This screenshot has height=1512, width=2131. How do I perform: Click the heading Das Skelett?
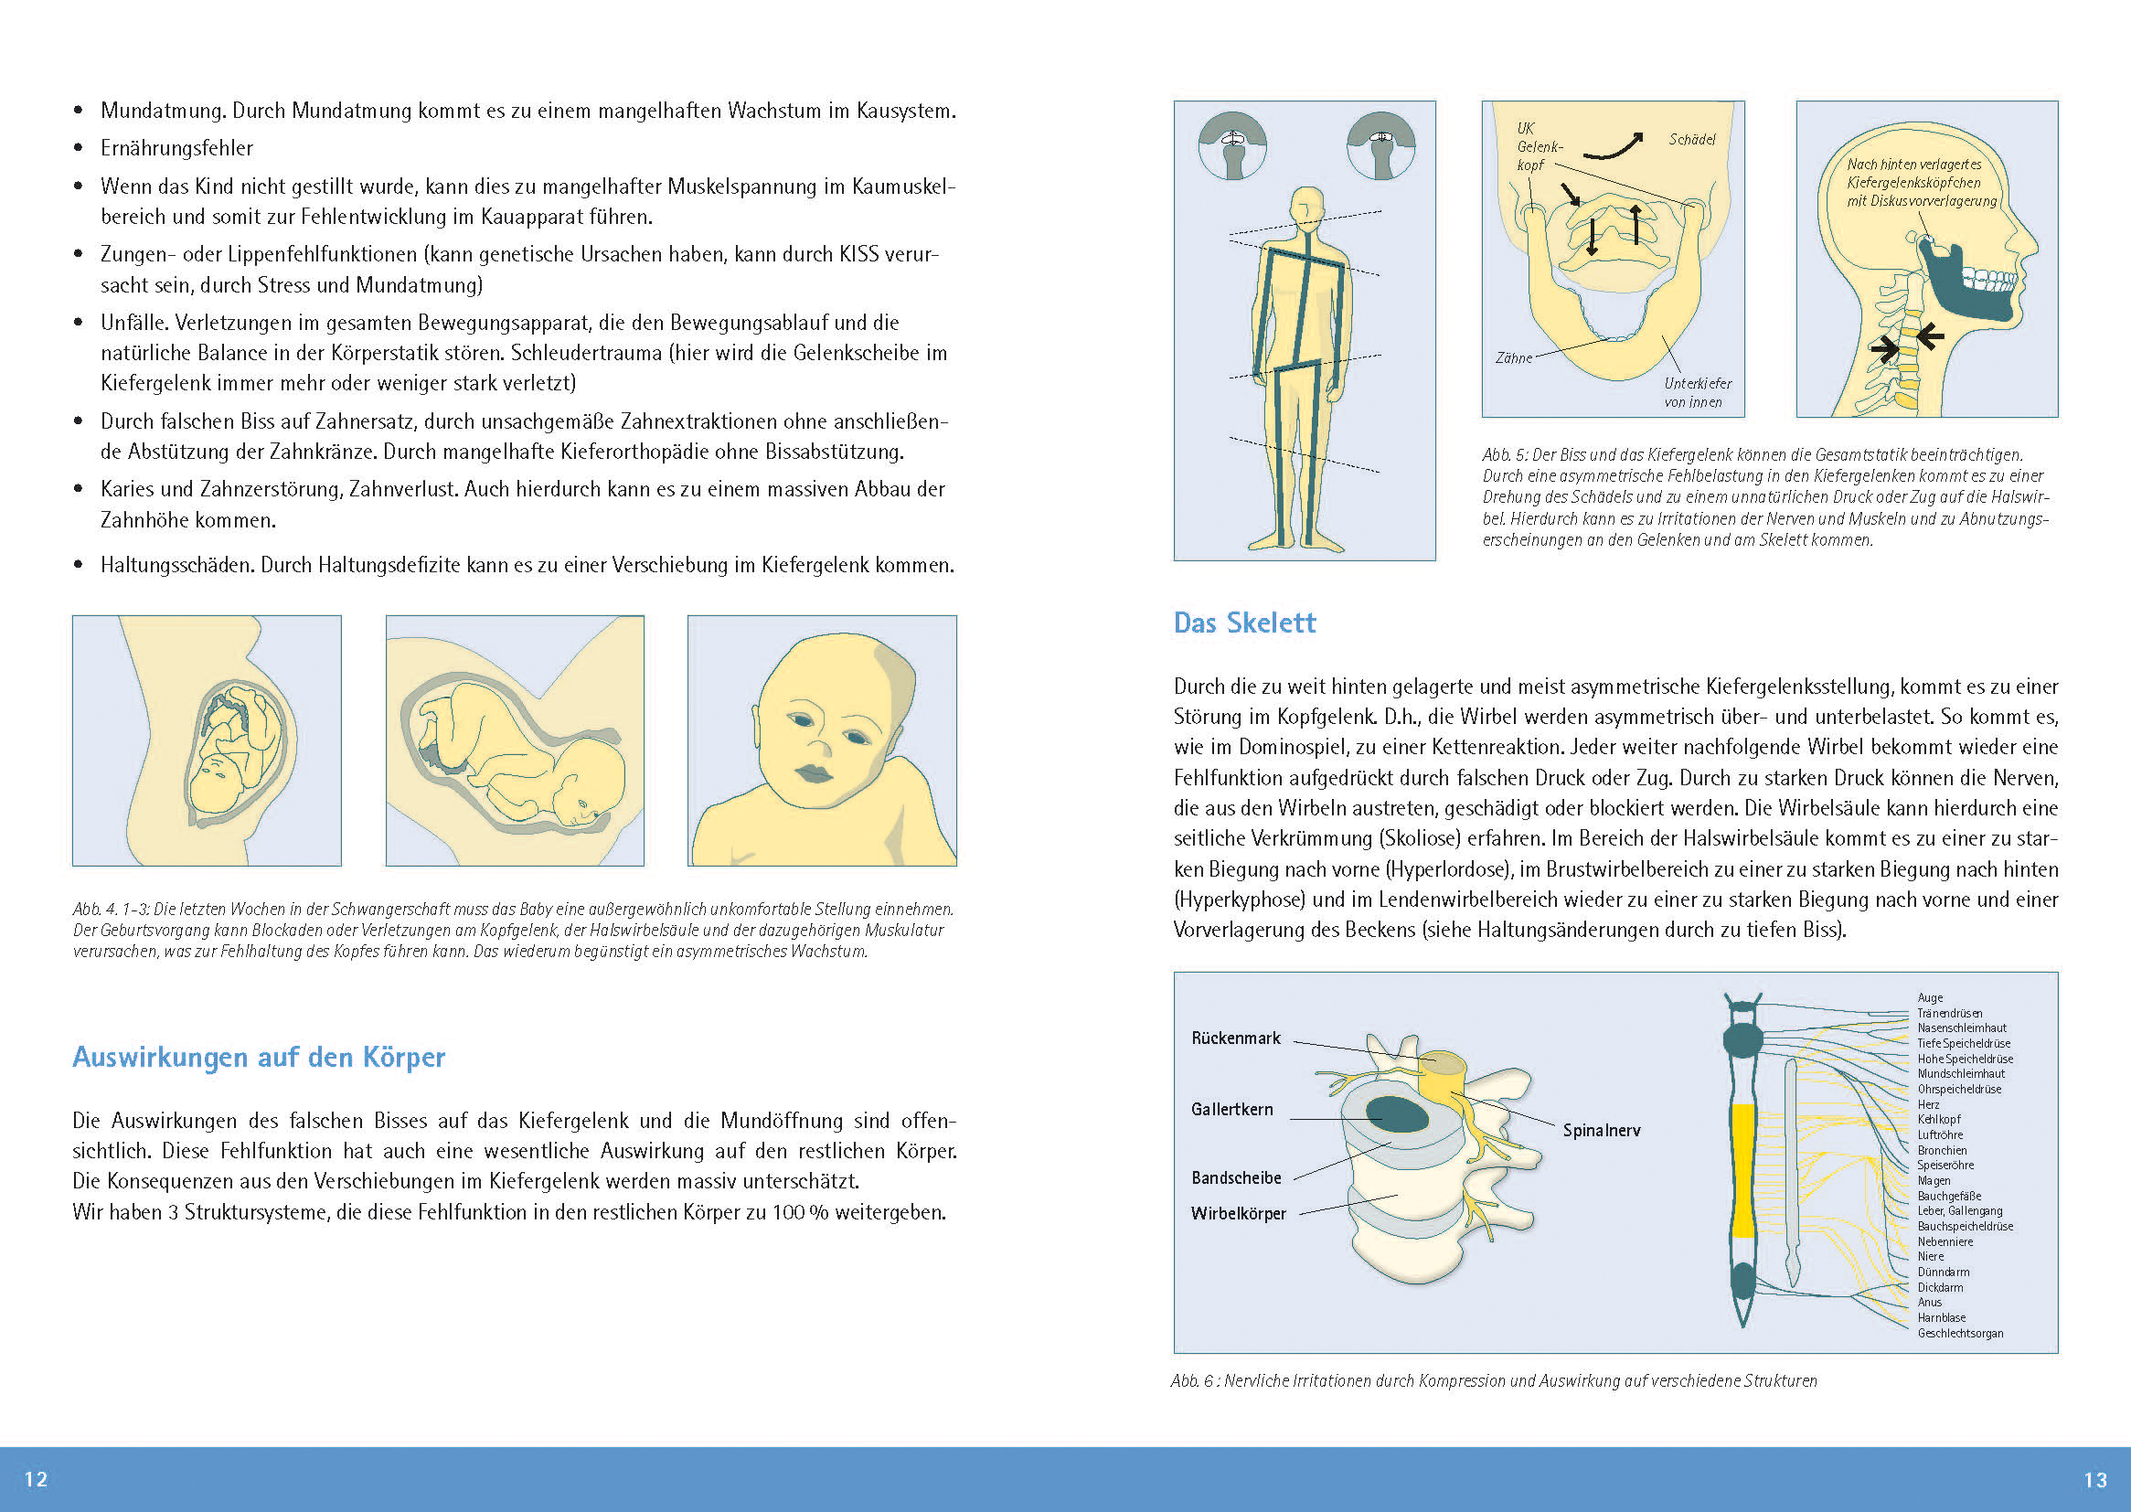pyautogui.click(x=1244, y=623)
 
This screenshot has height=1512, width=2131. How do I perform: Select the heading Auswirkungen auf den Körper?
pyautogui.click(x=259, y=1058)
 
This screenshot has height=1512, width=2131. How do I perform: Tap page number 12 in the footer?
pyautogui.click(x=36, y=1479)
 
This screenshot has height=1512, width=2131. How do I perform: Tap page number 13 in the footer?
pyautogui.click(x=2094, y=1479)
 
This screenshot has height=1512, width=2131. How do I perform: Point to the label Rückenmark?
pyautogui.click(x=1235, y=1038)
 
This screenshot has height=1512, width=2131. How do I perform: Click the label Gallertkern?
pyautogui.click(x=1231, y=1109)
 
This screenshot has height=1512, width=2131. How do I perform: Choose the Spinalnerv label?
pyautogui.click(x=1602, y=1130)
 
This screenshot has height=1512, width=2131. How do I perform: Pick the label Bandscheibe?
pyautogui.click(x=1236, y=1177)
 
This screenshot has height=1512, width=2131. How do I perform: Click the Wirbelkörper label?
pyautogui.click(x=1238, y=1213)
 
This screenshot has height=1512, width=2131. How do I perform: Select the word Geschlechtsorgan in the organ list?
pyautogui.click(x=1960, y=1333)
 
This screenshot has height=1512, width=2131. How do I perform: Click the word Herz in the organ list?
pyautogui.click(x=1928, y=1104)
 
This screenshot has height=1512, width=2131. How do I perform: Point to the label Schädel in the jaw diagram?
pyautogui.click(x=1691, y=140)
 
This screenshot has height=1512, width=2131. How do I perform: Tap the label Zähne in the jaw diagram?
pyautogui.click(x=1514, y=358)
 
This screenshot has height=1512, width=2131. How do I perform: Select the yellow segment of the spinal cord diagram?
pyautogui.click(x=1742, y=1169)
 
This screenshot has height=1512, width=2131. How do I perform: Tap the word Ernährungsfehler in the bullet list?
pyautogui.click(x=176, y=148)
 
